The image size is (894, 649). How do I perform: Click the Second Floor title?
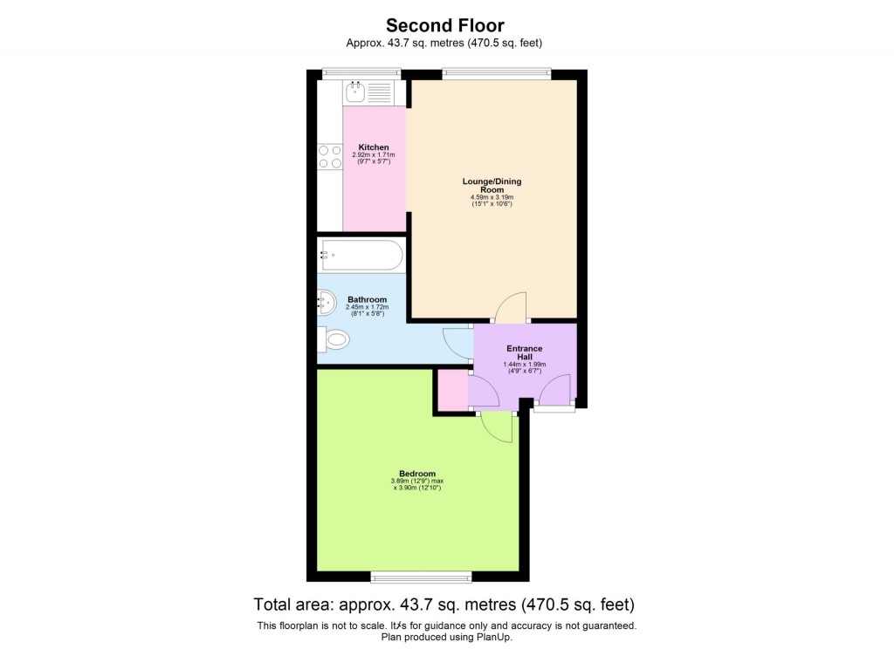pyautogui.click(x=445, y=25)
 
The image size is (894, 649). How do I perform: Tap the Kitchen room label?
pyautogui.click(x=374, y=147)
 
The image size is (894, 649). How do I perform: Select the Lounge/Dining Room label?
pyautogui.click(x=493, y=185)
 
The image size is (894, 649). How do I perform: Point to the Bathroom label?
pyautogui.click(x=367, y=299)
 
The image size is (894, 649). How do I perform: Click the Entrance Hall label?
pyautogui.click(x=524, y=352)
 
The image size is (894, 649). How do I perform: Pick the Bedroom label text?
pyautogui.click(x=416, y=474)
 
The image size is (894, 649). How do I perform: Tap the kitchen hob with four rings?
pyautogui.click(x=330, y=157)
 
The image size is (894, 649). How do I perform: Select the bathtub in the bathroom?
pyautogui.click(x=361, y=256)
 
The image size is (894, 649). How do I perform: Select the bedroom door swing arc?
pyautogui.click(x=498, y=427)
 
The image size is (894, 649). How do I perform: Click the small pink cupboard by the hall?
pyautogui.click(x=451, y=390)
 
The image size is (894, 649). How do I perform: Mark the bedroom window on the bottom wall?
pyautogui.click(x=421, y=577)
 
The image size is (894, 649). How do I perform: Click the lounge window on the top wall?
pyautogui.click(x=496, y=74)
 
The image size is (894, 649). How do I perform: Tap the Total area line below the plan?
pyautogui.click(x=444, y=605)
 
